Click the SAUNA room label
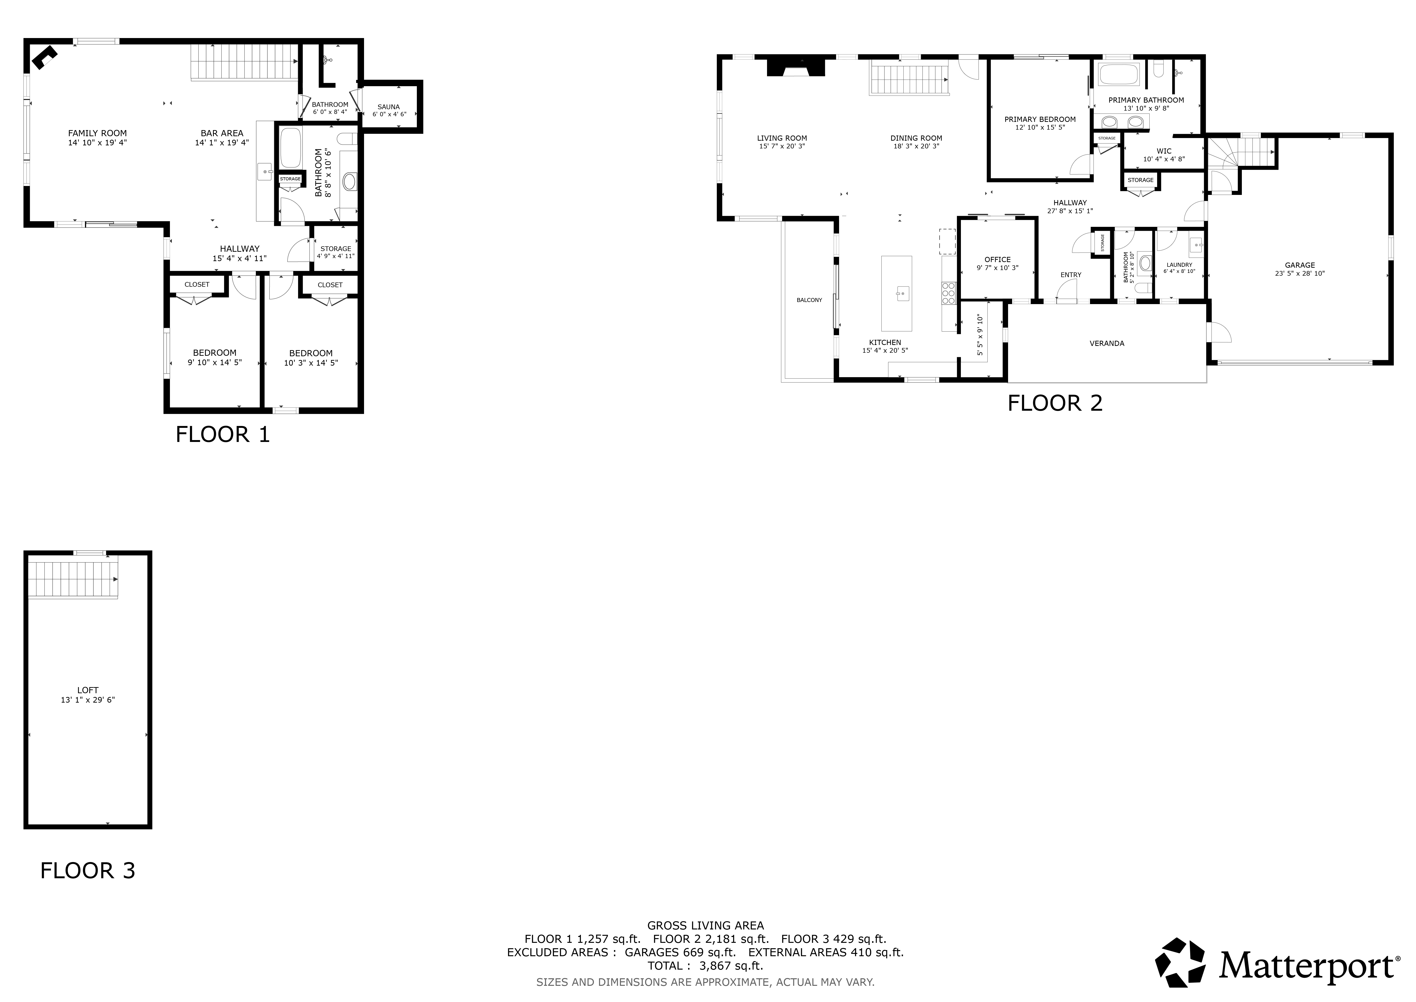click(388, 107)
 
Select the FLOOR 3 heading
click(88, 870)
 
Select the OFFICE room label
click(997, 260)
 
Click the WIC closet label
click(1164, 151)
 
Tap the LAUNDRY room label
click(1179, 265)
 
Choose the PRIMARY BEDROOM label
click(1040, 120)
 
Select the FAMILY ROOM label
click(97, 133)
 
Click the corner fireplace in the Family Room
click(44, 56)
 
